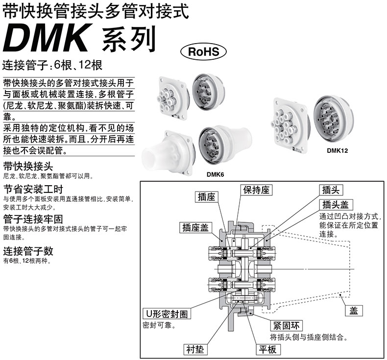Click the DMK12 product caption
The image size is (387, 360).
[x=337, y=151]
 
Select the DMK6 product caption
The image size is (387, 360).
[x=216, y=173]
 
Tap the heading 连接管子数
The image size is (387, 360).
[x=28, y=251]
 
